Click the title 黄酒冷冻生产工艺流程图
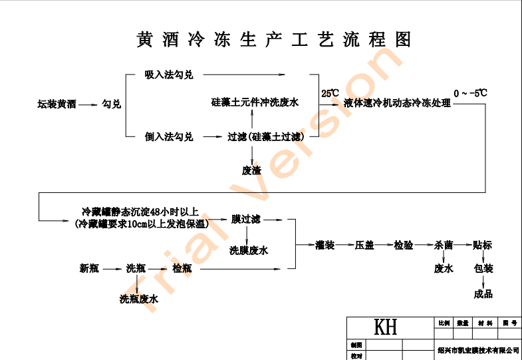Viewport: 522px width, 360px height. coord(273,39)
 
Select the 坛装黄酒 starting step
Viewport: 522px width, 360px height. coord(57,104)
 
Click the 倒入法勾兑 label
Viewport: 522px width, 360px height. coord(169,137)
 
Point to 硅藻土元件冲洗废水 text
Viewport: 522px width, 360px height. coord(255,102)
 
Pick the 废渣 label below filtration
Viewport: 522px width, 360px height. coord(251,170)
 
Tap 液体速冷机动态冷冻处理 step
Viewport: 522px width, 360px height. coord(398,103)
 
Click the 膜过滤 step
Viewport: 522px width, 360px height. coord(246,218)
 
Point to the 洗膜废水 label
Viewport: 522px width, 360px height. coord(249,251)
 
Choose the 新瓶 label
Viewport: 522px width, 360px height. coord(89,269)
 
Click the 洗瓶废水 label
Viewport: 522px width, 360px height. coord(139,299)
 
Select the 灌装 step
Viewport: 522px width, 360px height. coord(325,245)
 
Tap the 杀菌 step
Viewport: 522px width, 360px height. coord(444,245)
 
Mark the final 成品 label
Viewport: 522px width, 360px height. coord(483,293)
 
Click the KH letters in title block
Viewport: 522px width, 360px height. coord(386,327)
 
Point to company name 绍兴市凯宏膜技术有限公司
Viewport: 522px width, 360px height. coord(478,349)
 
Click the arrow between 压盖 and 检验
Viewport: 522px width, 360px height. coord(384,245)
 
